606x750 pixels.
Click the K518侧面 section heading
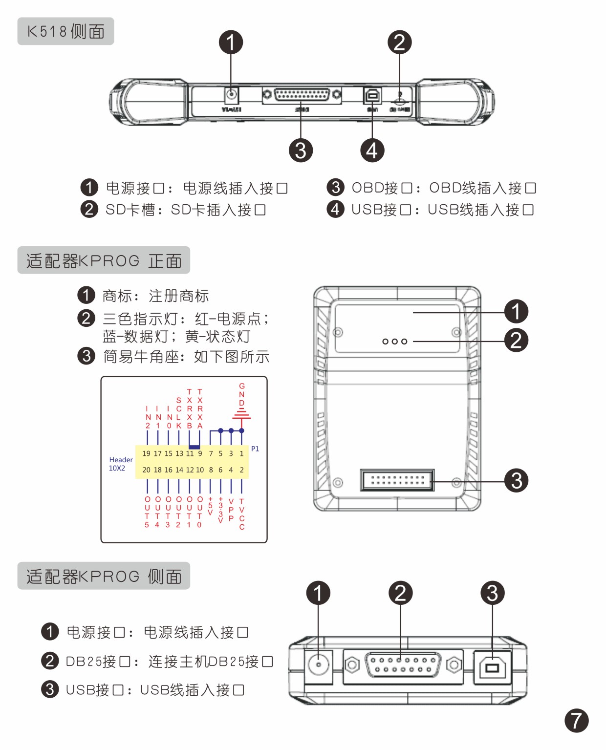pos(65,31)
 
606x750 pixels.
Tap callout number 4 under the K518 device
pos(372,150)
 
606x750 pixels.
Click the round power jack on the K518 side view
pos(231,94)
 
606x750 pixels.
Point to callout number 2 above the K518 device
pos(399,42)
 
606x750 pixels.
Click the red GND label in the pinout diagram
pos(241,394)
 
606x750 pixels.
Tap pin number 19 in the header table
pos(146,453)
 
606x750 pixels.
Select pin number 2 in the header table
pos(241,470)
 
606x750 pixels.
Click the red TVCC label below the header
pos(241,514)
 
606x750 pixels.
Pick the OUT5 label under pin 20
pos(147,512)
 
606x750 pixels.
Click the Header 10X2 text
pos(120,464)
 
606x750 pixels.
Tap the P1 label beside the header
pos(255,449)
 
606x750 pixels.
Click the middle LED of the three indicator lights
pos(394,342)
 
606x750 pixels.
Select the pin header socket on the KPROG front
pos(397,480)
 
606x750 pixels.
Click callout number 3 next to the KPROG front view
pos(516,480)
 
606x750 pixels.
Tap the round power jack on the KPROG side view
pos(319,665)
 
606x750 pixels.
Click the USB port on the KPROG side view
pos(492,665)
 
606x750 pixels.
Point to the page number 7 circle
pos(576,720)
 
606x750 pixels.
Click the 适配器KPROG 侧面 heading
pos(104,576)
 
